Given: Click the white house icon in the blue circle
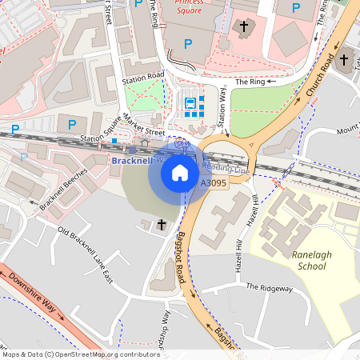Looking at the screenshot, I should click(180, 171).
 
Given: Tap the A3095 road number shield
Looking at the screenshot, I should click(213, 183).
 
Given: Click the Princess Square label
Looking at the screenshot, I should click(189, 7).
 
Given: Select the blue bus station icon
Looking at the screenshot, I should click(191, 102).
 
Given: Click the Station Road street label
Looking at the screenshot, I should click(143, 80).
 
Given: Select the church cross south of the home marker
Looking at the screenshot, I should click(162, 225).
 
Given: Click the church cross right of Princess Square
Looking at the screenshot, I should click(244, 27).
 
